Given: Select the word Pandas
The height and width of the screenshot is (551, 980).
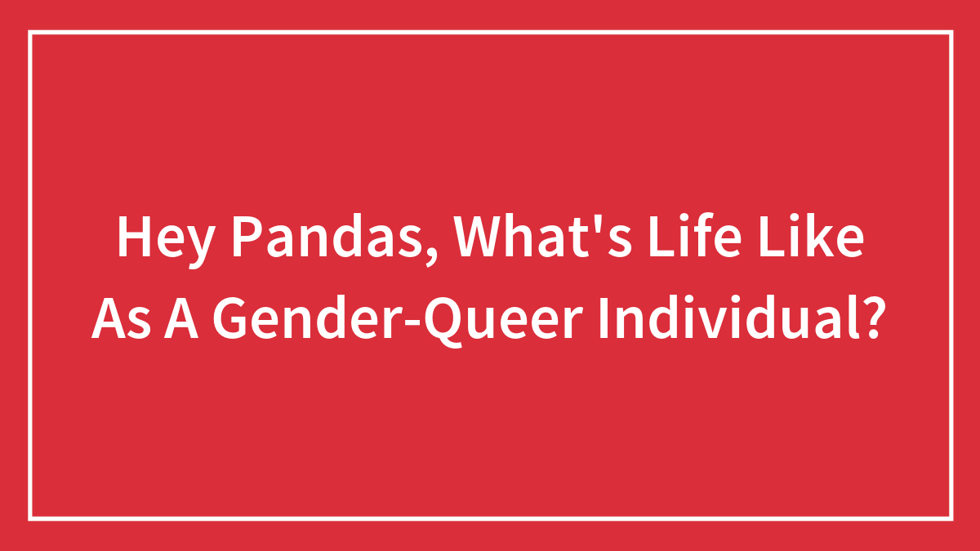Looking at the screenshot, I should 327,238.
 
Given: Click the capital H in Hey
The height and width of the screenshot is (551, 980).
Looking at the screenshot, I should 132,238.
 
